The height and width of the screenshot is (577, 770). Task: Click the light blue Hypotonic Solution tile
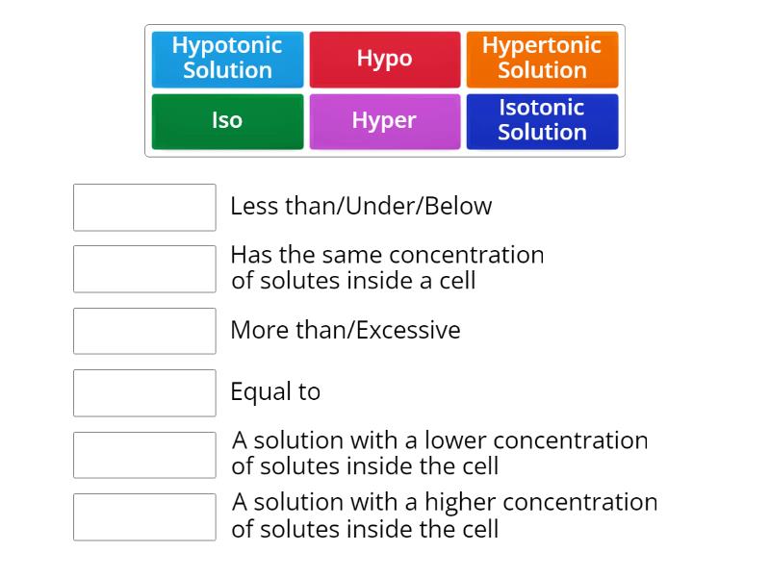pos(227,59)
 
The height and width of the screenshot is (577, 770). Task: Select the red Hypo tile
pos(384,59)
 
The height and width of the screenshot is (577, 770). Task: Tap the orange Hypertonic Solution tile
pos(542,59)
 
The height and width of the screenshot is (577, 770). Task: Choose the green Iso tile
pos(227,121)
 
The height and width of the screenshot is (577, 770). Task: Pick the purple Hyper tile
pos(384,121)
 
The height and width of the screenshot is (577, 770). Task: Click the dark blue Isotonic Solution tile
pos(542,121)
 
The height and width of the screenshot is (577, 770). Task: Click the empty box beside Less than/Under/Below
pos(144,207)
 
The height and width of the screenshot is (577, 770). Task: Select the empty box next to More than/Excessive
pos(144,331)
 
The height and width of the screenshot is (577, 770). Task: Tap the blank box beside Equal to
pos(144,392)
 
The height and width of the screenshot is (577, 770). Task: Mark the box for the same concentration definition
pos(144,268)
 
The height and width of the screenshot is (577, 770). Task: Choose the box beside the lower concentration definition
pos(144,455)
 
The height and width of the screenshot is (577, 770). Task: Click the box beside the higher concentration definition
pos(144,516)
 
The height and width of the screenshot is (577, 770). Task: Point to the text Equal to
pos(275,392)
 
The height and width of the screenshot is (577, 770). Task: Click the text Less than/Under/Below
pos(361,206)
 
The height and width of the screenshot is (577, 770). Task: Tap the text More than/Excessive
pos(345,330)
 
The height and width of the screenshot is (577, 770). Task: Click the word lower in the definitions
pos(454,440)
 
